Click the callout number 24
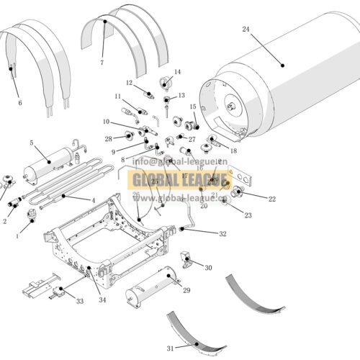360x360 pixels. tap(246, 30)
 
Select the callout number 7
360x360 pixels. tap(102, 63)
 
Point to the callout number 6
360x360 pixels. tap(19, 103)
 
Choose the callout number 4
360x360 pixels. tap(92, 199)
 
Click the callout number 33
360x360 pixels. tap(78, 300)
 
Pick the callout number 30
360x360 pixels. tap(208, 268)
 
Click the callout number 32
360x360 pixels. tap(223, 234)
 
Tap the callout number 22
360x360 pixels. tap(271, 199)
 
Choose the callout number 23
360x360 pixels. tap(248, 215)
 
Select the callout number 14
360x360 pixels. tap(177, 72)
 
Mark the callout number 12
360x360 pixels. tap(130, 83)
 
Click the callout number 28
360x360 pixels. tap(109, 138)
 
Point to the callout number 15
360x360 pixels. tap(193, 107)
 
